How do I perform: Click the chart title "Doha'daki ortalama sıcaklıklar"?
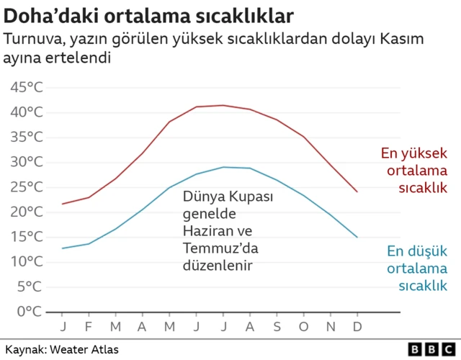(x=148, y=14)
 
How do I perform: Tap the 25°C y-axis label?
(x=27, y=187)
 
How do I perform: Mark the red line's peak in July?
(x=223, y=105)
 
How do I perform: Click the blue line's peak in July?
(x=223, y=167)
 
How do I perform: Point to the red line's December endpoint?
(x=357, y=192)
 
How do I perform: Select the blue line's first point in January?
(x=63, y=248)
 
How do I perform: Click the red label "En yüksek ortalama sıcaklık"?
(x=414, y=171)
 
